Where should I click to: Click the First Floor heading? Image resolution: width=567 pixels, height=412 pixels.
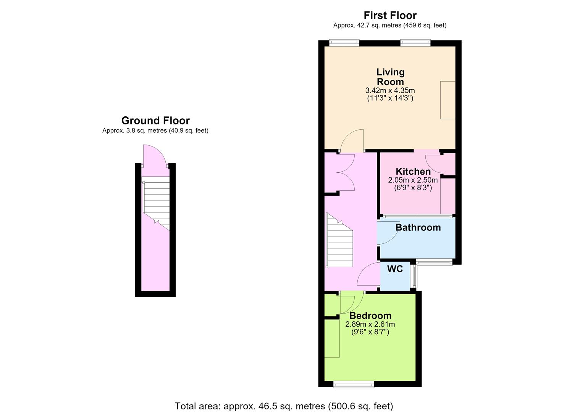pyautogui.click(x=390, y=15)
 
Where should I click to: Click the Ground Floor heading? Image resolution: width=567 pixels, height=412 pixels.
pyautogui.click(x=155, y=121)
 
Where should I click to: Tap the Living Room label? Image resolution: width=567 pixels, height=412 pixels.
pyautogui.click(x=390, y=77)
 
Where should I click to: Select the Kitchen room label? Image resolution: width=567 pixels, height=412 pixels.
pyautogui.click(x=413, y=172)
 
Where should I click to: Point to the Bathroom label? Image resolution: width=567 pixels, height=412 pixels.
pyautogui.click(x=418, y=227)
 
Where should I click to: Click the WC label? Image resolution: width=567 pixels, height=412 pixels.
pyautogui.click(x=395, y=269)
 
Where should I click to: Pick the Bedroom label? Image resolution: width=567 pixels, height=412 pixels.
pyautogui.click(x=370, y=315)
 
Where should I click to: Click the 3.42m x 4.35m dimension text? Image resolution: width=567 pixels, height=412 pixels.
pyautogui.click(x=390, y=90)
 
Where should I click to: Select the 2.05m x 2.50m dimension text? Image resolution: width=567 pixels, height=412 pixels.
pyautogui.click(x=413, y=180)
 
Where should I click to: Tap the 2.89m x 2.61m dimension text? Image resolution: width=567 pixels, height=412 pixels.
pyautogui.click(x=370, y=324)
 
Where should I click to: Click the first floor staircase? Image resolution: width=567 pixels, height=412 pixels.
pyautogui.click(x=339, y=240)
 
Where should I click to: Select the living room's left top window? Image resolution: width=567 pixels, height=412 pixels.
pyautogui.click(x=344, y=42)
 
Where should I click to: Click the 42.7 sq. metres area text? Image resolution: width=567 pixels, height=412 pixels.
pyautogui.click(x=390, y=26)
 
